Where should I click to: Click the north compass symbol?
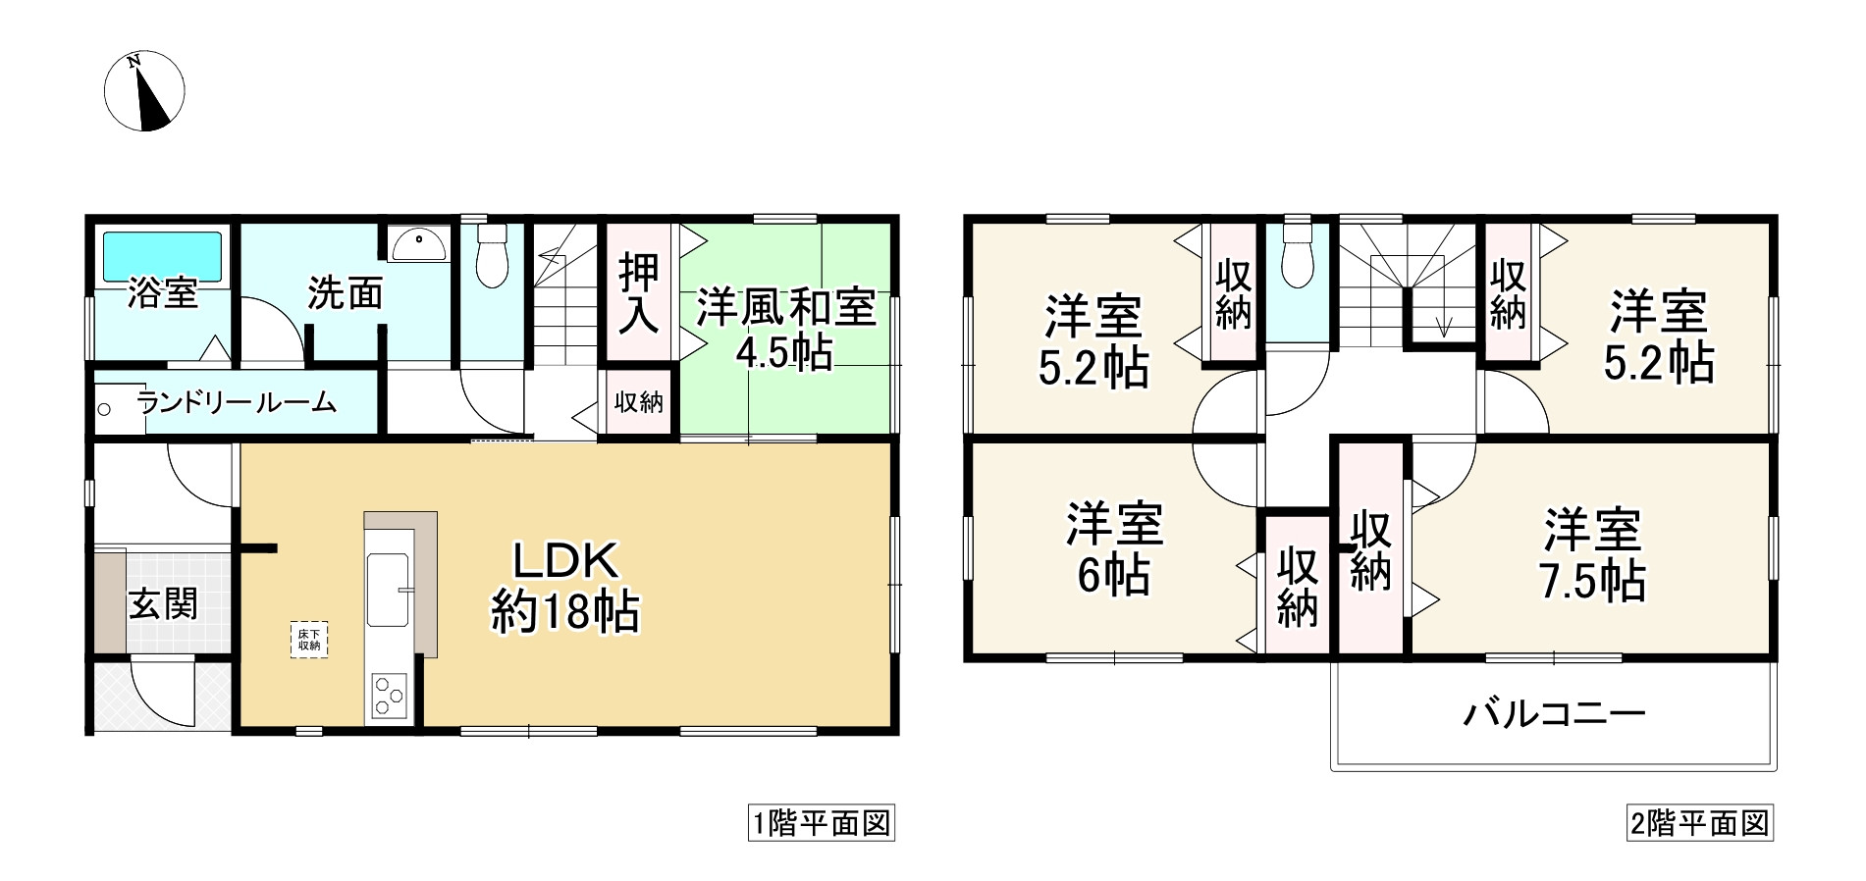tap(144, 92)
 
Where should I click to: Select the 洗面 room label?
tap(345, 293)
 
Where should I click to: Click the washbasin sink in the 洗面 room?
tap(419, 241)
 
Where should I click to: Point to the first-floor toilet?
tap(491, 257)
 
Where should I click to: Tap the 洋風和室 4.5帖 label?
tap(785, 328)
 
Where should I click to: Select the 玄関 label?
tap(163, 603)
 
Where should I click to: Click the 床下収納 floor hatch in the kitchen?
tap(309, 640)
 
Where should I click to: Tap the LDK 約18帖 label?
tap(565, 587)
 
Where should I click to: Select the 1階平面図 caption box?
tap(821, 823)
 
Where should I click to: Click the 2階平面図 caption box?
tap(1699, 823)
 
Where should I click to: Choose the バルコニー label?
tap(1554, 713)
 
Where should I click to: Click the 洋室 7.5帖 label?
tap(1592, 555)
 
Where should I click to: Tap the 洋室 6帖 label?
tap(1114, 549)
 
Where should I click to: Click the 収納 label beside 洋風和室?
tap(638, 402)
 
